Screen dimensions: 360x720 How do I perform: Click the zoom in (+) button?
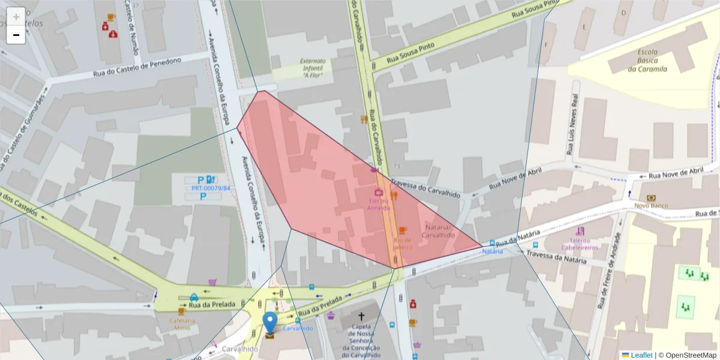point(16,17)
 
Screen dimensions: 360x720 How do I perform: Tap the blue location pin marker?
point(271,322)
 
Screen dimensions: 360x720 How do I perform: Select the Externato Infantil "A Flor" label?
point(313,68)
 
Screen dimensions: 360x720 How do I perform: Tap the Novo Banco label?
point(651,205)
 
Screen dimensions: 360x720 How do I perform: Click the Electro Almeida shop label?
point(379,205)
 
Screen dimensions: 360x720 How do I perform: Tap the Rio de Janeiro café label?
point(403,243)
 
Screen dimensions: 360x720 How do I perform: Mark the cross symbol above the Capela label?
point(361,316)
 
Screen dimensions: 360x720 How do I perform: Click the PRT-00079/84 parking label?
point(211,188)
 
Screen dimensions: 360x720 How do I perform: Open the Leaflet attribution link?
point(641,355)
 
